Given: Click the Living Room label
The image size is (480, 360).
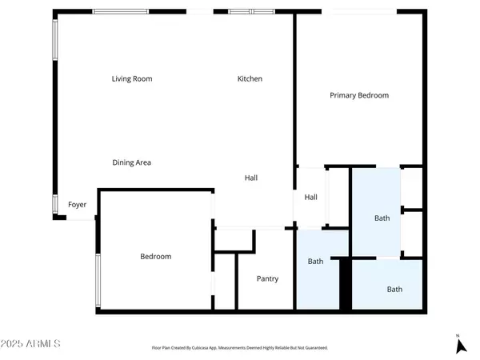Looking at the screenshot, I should tap(131, 78).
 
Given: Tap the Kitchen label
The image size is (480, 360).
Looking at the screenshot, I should tap(250, 78).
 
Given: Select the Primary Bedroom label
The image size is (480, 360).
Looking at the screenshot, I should tap(359, 95).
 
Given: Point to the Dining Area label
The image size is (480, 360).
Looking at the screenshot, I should tap(131, 162).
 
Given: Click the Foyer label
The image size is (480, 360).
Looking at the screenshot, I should tap(77, 205).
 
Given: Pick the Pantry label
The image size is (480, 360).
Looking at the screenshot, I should tap(267, 278).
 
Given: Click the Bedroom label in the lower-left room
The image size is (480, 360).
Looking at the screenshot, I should tap(155, 256).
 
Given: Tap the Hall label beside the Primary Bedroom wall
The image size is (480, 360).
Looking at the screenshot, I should tap(310, 197).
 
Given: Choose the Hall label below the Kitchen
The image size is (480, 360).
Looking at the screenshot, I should tap(250, 178).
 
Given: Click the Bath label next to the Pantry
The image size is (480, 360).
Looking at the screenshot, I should tap(316, 261).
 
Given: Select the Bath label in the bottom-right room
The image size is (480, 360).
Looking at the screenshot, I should tap(394, 289).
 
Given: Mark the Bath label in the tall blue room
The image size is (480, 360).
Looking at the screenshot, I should tap(382, 218).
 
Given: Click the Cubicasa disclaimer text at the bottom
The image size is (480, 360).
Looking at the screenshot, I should tap(240, 348).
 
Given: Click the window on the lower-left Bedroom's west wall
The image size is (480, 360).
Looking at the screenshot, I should tap(98, 281).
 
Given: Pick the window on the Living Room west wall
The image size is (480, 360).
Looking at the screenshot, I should tap(55, 40).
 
